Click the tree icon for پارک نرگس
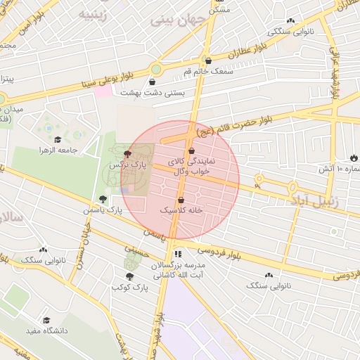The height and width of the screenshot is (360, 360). [127, 153]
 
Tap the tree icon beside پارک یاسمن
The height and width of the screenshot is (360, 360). [103, 199]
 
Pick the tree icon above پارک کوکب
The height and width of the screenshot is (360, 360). [129, 276]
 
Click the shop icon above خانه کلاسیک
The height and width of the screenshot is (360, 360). [181, 200]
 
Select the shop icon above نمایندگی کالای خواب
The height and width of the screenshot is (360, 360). [191, 151]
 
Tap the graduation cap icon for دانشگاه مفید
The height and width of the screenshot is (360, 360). [46, 320]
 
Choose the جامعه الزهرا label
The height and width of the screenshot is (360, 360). [78, 150]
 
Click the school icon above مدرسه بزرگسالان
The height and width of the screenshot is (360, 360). [178, 254]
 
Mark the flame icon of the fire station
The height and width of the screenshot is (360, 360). [353, 158]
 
